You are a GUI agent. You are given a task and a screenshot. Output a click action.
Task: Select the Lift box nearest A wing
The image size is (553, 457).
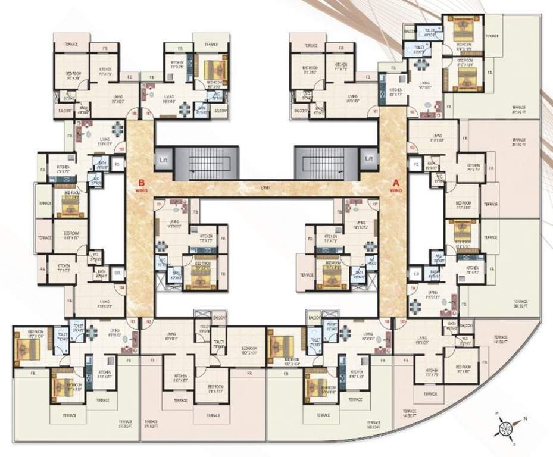pos(369,159)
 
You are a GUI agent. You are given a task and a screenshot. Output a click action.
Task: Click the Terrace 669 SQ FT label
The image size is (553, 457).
pos(373,425)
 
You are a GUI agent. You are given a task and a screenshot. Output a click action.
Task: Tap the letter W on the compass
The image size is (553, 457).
pos(496,413)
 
